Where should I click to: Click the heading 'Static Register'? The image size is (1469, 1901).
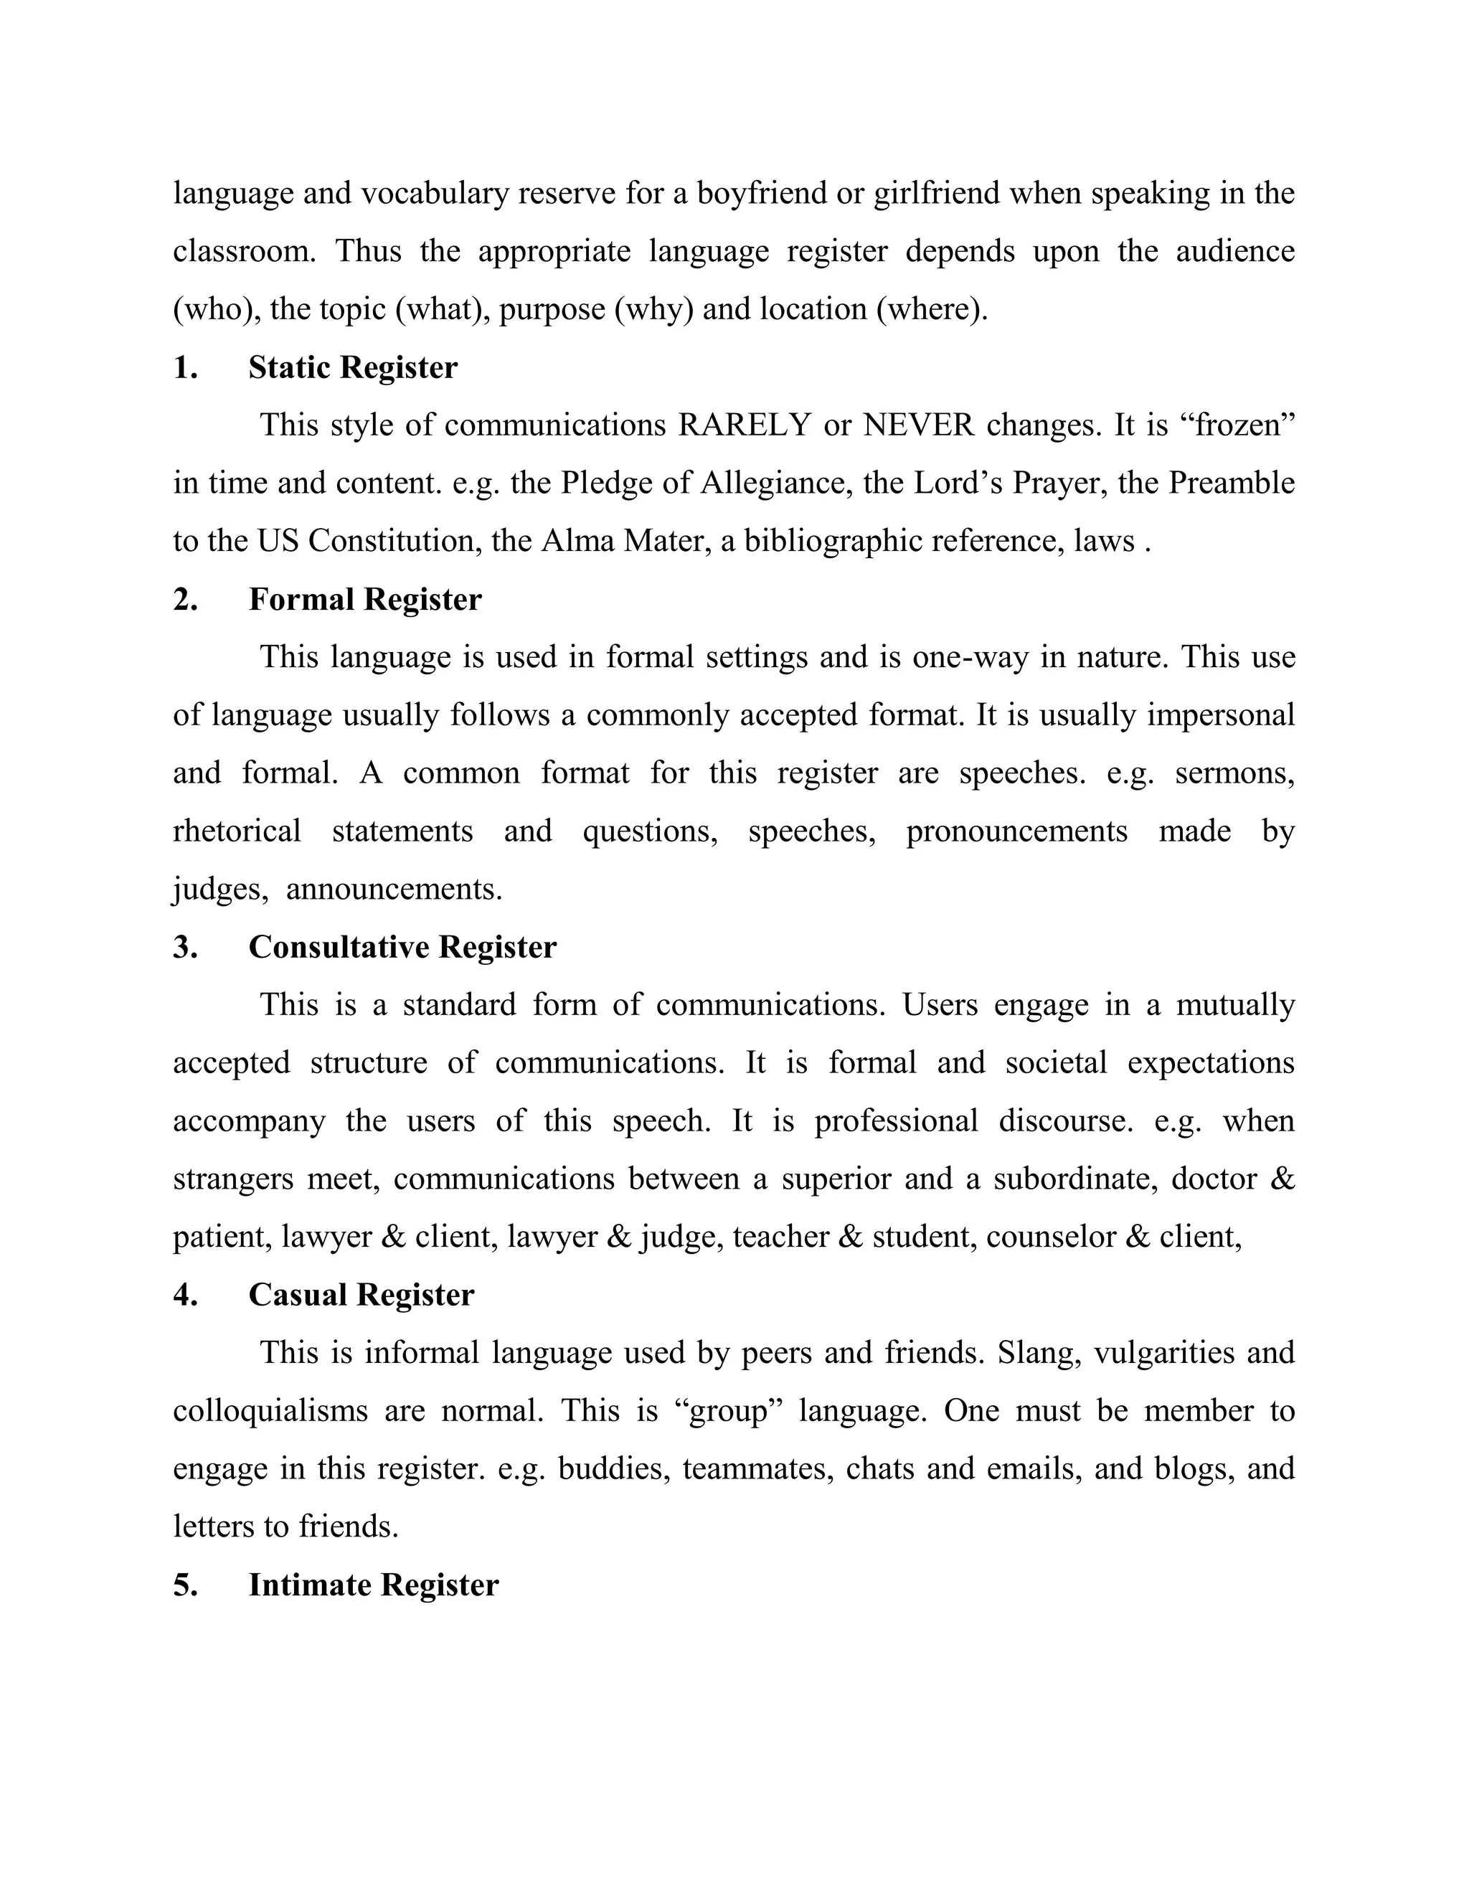pyautogui.click(x=352, y=367)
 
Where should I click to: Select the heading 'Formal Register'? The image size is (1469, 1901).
pyautogui.click(x=364, y=600)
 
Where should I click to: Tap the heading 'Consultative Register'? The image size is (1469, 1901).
pyautogui.click(x=402, y=947)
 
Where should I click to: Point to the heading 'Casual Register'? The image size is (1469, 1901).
pyautogui.click(x=362, y=1294)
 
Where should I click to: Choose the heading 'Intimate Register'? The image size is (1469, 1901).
pyautogui.click(x=373, y=1585)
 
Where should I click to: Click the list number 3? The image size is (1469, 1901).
pyautogui.click(x=184, y=947)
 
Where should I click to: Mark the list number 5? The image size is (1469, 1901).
pyautogui.click(x=184, y=1585)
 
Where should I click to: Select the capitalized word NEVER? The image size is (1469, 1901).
pyautogui.click(x=918, y=425)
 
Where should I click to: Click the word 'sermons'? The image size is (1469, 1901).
pyautogui.click(x=1233, y=773)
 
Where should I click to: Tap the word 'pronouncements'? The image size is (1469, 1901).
pyautogui.click(x=1016, y=831)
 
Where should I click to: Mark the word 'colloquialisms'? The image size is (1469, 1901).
pyautogui.click(x=270, y=1411)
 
